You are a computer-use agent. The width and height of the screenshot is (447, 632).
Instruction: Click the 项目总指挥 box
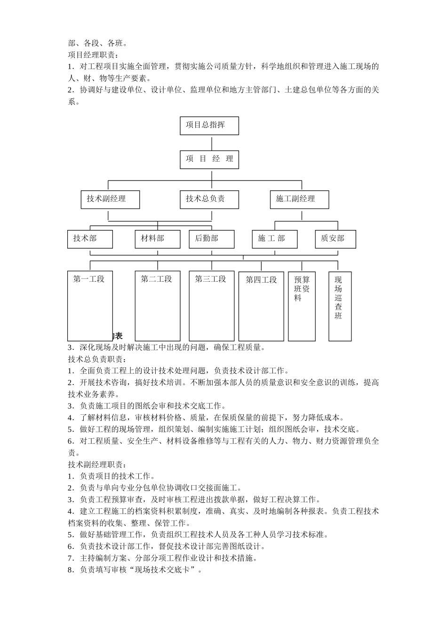click(x=209, y=126)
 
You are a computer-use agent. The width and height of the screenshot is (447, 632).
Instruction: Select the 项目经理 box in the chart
click(x=209, y=159)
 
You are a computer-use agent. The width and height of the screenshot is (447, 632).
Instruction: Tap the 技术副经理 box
click(x=110, y=199)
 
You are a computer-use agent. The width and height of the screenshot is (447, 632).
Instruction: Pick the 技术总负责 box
click(x=209, y=199)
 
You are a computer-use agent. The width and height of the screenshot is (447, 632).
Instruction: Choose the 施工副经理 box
click(x=299, y=199)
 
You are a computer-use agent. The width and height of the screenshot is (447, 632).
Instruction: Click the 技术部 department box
click(x=90, y=239)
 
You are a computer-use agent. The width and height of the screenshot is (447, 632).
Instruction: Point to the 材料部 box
click(x=157, y=239)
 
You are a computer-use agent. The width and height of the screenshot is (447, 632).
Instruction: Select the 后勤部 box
click(x=211, y=239)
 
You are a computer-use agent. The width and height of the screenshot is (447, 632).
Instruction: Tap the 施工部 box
click(x=275, y=239)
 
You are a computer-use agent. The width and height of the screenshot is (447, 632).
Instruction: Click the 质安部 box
click(x=335, y=239)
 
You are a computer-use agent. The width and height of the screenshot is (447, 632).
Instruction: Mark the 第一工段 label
click(x=89, y=279)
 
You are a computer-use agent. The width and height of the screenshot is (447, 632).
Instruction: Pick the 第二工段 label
click(x=157, y=279)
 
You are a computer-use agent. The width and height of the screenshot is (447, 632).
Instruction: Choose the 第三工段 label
click(x=211, y=279)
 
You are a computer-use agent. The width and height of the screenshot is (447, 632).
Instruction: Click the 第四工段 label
click(x=261, y=280)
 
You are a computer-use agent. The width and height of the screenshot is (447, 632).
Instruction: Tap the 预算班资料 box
click(x=302, y=306)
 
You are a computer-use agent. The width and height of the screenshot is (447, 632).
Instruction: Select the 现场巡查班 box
click(x=340, y=306)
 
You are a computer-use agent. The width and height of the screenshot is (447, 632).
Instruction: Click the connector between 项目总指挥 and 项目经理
click(x=212, y=143)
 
